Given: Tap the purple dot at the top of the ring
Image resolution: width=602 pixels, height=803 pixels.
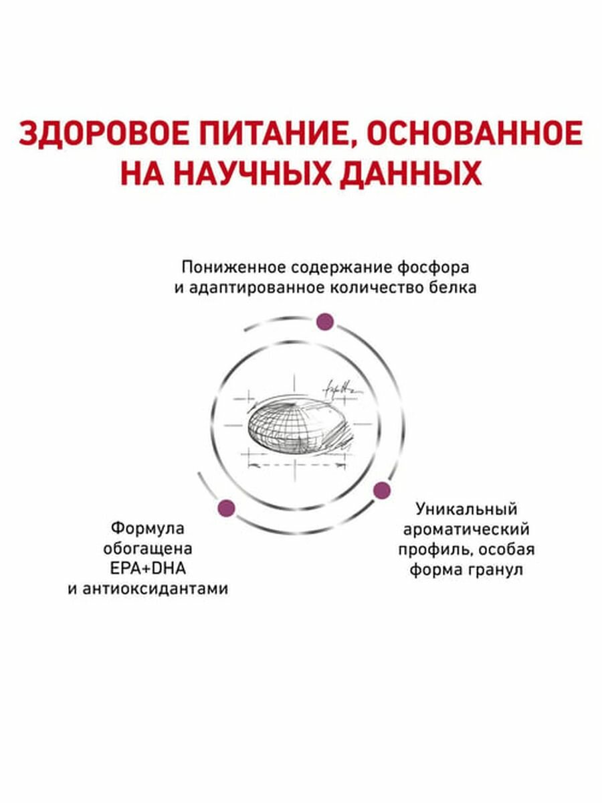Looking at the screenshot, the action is tap(325, 321).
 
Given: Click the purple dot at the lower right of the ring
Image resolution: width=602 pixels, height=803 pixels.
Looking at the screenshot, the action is tap(381, 490).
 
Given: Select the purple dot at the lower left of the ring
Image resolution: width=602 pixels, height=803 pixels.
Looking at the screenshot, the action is tap(225, 507).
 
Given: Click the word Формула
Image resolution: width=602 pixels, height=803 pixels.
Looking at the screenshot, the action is tap(147, 528).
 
